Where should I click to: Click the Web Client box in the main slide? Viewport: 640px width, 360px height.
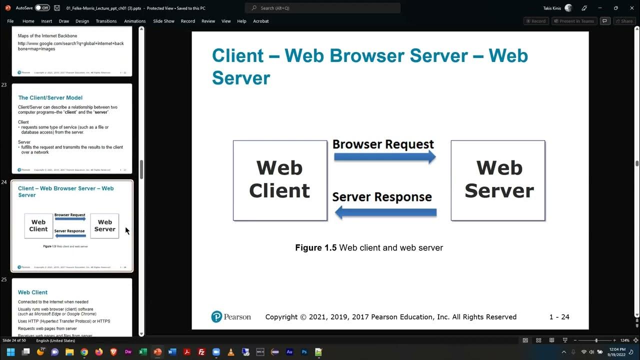279,180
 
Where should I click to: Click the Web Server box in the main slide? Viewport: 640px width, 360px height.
498,180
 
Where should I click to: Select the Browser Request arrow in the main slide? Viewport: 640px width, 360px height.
384,157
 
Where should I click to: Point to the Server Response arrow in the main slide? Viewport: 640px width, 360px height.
385,213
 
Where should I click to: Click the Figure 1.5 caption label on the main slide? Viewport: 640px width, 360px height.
315,247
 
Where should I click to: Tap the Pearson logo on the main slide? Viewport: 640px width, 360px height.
231,316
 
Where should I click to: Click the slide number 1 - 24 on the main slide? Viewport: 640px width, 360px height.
559,316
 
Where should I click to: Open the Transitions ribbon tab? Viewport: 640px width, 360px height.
106,21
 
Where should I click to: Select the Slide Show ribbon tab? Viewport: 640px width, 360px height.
163,21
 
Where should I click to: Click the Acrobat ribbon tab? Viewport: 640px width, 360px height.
260,21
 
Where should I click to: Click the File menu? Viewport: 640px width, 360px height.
10,21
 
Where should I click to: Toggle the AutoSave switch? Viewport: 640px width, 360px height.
42,8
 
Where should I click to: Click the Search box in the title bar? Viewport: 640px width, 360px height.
322,8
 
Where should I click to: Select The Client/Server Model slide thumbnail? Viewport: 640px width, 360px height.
71,128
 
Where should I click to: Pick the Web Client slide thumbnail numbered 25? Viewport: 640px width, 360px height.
71,307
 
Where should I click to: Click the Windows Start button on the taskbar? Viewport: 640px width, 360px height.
10,352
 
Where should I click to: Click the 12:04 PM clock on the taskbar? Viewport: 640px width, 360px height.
617,352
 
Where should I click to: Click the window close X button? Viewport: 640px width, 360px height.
630,8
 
